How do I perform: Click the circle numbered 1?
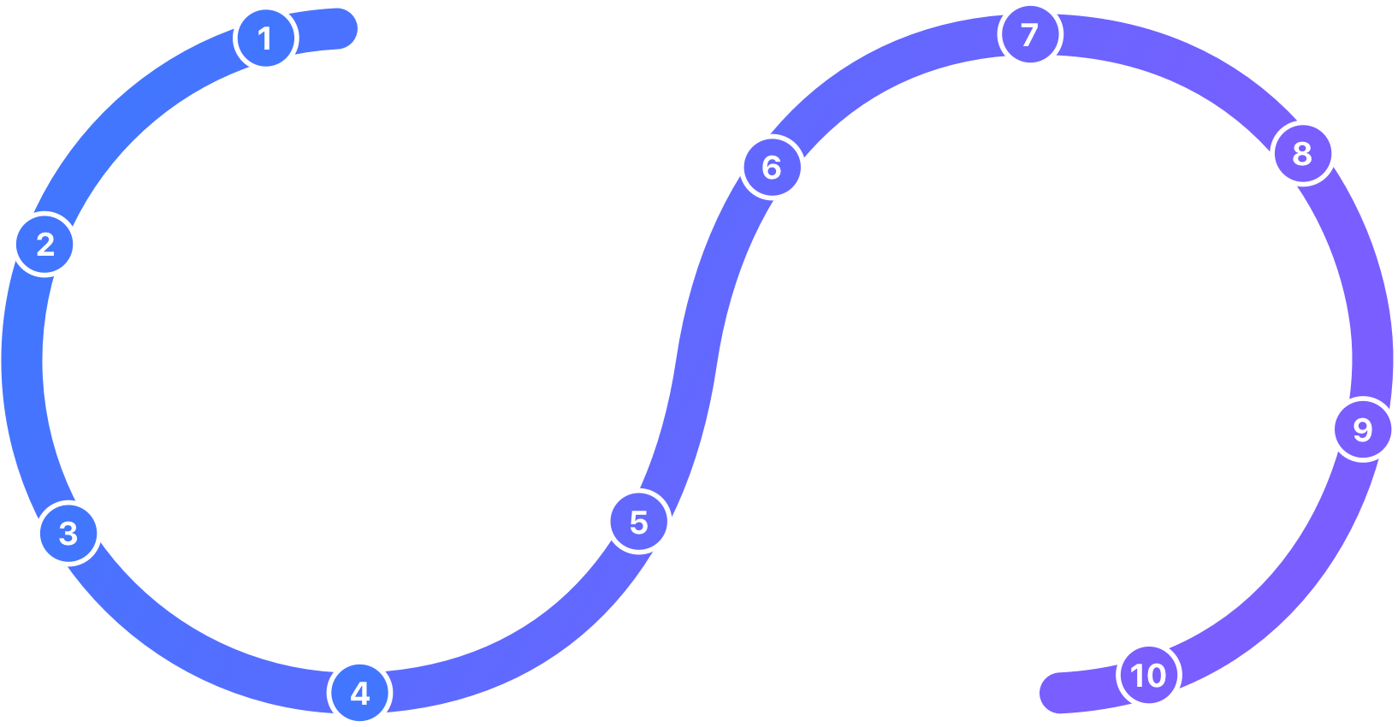265,38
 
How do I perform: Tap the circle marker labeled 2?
44,245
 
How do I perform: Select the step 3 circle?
68,534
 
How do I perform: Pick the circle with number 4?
360,693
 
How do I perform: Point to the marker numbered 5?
639,522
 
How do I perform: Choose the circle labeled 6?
772,167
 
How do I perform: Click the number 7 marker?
1030,34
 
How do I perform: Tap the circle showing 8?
1302,153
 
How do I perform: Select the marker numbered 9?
1363,429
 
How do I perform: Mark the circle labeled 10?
1148,675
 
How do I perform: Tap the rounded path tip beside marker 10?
1059,692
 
